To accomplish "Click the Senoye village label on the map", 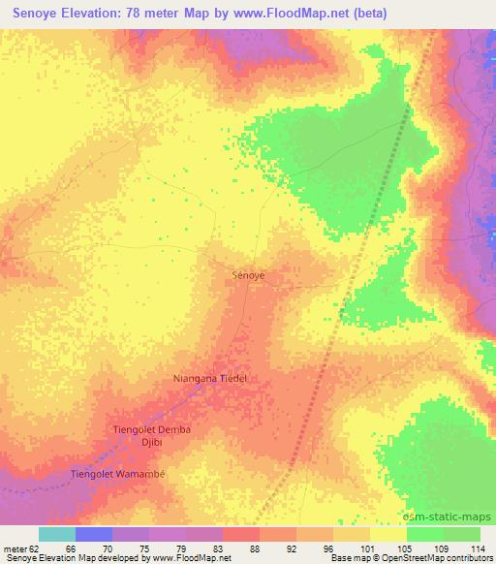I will tap(249, 275).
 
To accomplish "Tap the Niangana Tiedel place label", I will tap(210, 379).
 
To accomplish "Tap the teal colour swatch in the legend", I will tap(57, 534).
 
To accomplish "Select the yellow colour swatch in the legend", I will tap(387, 534).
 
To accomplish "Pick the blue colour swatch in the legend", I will tap(94, 534).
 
